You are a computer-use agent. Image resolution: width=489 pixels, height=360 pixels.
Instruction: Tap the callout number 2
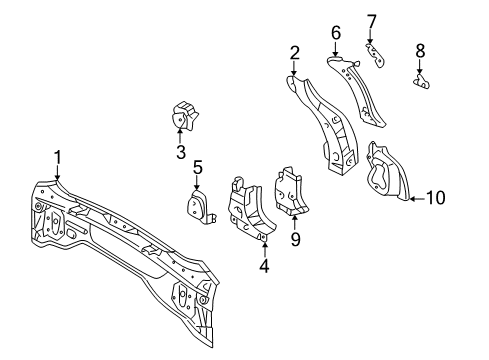(295, 52)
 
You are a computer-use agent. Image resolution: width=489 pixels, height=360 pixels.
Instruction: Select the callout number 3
(180, 151)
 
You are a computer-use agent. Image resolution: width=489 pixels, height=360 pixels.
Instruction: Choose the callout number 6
(336, 33)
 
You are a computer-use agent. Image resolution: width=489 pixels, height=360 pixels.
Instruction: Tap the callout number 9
(295, 239)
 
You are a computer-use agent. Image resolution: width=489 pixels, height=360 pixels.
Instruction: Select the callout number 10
(436, 198)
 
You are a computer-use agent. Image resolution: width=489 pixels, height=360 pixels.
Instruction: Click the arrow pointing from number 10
(414, 198)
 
